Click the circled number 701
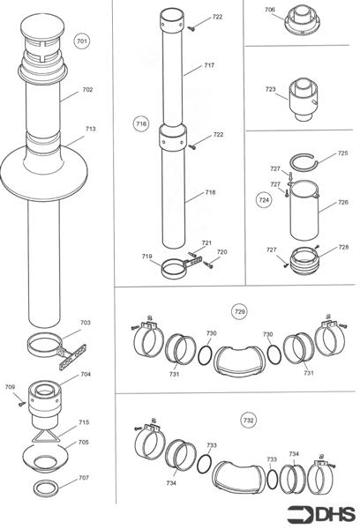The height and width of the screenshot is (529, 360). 82,41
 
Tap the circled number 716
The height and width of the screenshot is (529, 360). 141,123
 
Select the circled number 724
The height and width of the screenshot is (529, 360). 264,200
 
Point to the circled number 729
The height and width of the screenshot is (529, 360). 239,311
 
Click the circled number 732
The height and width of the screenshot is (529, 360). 248,421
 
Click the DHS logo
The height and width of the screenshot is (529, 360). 321,515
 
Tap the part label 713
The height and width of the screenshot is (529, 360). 90,129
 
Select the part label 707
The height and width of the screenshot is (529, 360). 84,477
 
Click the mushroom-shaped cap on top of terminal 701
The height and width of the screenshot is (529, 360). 42,26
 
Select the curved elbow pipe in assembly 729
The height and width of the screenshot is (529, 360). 239,361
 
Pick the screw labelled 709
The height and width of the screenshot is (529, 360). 23,403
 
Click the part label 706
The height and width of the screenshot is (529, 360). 270,10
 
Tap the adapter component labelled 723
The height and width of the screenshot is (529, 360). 304,99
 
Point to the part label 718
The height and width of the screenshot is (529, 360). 210,192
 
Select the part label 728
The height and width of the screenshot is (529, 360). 343,247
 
